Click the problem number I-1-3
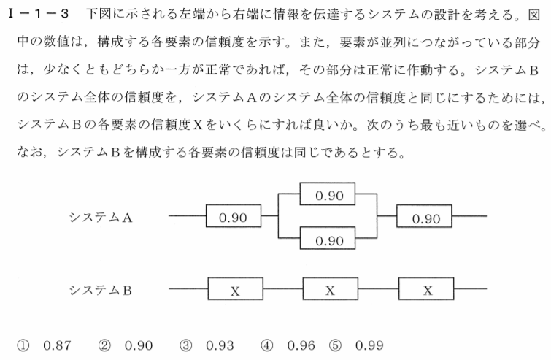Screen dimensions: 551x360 pos(38,14)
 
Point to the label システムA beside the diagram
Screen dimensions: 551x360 pos(101,218)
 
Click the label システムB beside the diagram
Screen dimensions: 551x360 pos(101,291)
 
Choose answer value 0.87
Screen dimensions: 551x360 pos(57,345)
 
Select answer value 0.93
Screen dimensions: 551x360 pos(220,345)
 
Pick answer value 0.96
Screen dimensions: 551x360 pos(301,345)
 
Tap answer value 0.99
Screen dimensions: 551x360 pos(369,345)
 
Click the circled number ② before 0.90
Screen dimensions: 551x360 pos(104,346)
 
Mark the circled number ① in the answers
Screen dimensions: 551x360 pos(23,346)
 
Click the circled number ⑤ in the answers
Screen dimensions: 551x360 pos(335,346)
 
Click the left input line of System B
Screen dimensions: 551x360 pos(188,288)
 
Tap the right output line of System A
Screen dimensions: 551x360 pos(469,216)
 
